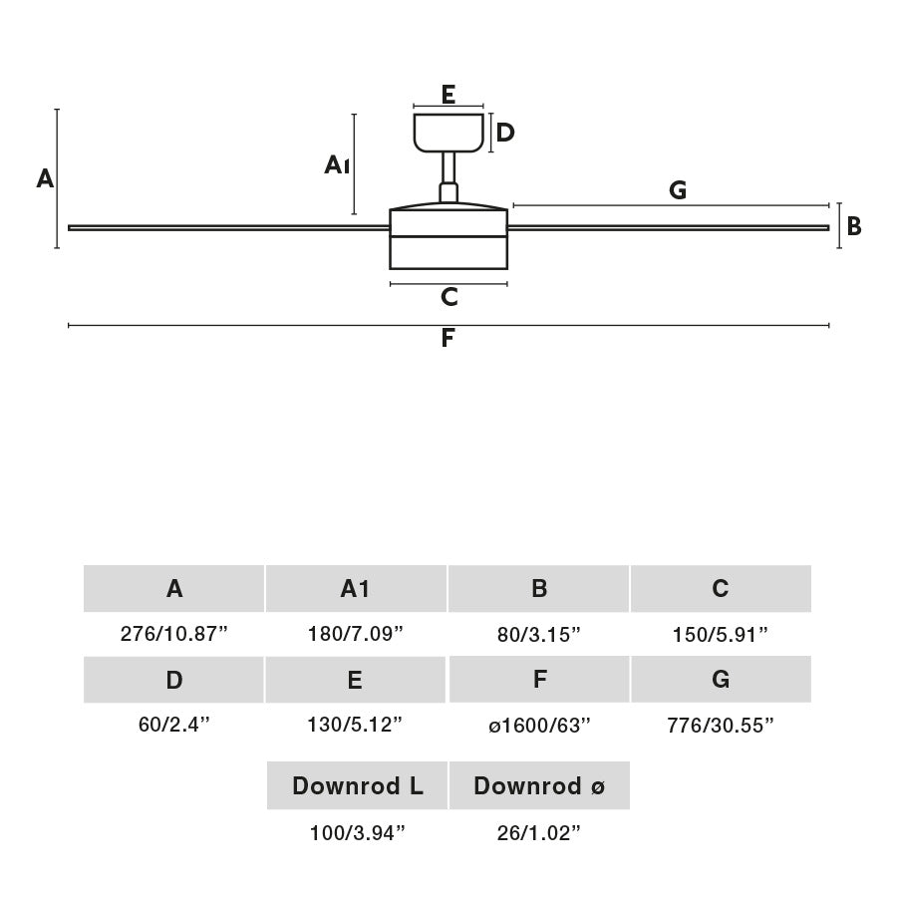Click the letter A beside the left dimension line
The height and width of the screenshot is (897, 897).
(45, 179)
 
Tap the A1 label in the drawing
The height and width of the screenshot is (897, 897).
(337, 164)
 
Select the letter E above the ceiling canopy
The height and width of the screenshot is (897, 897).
(448, 95)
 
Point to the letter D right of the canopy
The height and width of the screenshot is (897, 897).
(505, 133)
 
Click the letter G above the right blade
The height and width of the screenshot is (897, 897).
(678, 190)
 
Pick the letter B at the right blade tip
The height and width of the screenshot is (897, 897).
(854, 227)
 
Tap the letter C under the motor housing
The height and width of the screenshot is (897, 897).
(448, 297)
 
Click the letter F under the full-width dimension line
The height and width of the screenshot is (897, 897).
(448, 339)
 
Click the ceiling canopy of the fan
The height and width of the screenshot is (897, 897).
(448, 133)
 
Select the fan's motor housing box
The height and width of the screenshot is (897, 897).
(448, 239)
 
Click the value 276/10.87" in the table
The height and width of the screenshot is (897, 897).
(174, 635)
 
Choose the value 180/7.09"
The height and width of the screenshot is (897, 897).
(356, 635)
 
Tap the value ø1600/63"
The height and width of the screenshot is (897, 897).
(539, 726)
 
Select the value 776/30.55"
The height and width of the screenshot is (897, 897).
(721, 726)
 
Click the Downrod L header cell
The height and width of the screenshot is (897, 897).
(357, 785)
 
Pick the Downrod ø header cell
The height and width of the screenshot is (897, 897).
(539, 785)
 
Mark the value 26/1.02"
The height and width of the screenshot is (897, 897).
(539, 833)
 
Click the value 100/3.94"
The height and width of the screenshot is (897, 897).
(357, 833)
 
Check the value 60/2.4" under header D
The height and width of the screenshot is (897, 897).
(174, 726)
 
